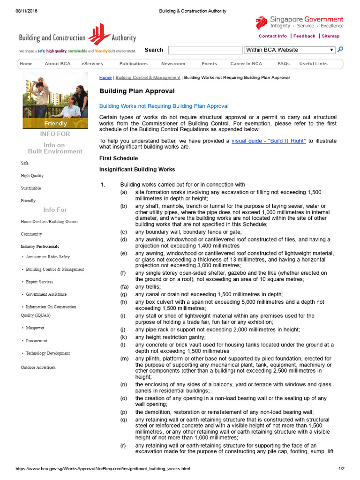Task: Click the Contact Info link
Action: [272, 36]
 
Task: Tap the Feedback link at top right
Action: [304, 36]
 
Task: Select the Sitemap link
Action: [330, 36]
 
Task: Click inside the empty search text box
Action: [205, 50]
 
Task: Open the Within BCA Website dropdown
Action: [290, 50]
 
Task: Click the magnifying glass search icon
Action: [340, 49]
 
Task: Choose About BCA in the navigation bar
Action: [58, 64]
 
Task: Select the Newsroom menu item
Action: [173, 64]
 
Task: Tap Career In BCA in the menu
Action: [246, 64]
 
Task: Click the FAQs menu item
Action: [283, 64]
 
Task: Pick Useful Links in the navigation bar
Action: [314, 64]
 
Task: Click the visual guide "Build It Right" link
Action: [269, 141]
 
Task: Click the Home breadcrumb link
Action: [105, 77]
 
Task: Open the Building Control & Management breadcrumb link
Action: [148, 77]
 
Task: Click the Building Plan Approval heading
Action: [137, 91]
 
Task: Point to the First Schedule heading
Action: [119, 158]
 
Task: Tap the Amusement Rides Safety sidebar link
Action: [48, 257]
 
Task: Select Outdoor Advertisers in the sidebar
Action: [38, 367]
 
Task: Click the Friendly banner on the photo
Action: [55, 124]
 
